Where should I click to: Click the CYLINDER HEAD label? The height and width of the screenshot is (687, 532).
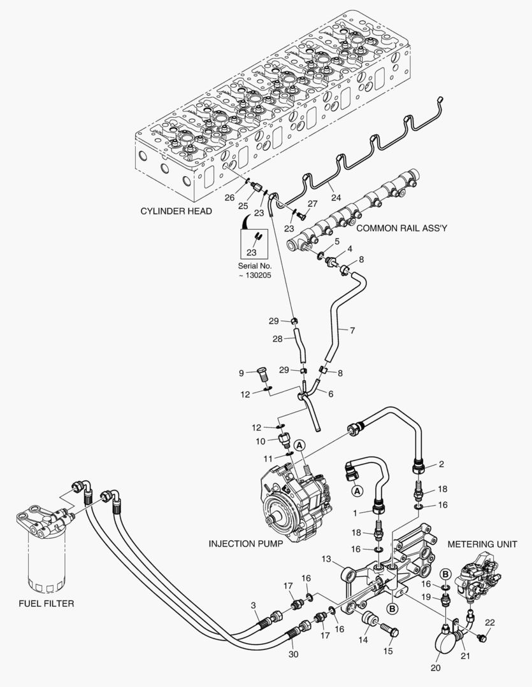[176, 211]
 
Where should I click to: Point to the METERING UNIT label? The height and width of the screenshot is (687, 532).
[481, 544]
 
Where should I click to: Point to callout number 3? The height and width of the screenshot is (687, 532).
[253, 605]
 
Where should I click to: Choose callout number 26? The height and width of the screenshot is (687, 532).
[229, 197]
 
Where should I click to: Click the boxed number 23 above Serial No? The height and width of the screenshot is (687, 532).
[255, 252]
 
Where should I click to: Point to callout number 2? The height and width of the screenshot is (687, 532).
[440, 465]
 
